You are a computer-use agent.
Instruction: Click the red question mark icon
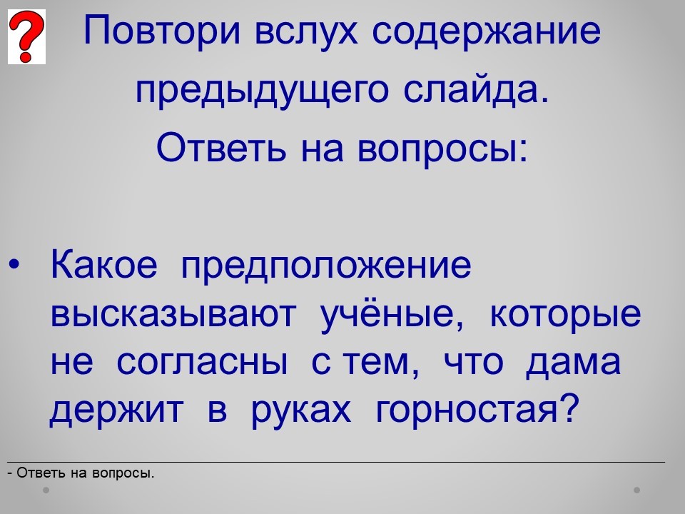26,36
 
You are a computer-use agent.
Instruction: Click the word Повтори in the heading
162,31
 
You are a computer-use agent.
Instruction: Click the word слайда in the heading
475,91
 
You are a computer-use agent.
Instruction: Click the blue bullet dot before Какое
14,264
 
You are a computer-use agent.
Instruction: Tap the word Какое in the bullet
104,264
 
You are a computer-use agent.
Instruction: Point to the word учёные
392,314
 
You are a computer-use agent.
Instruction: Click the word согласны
202,362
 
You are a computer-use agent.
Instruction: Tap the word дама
573,363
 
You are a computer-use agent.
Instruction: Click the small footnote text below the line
81,473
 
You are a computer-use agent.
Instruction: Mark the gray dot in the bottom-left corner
46,490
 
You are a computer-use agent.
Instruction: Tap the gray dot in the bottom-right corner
637,490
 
